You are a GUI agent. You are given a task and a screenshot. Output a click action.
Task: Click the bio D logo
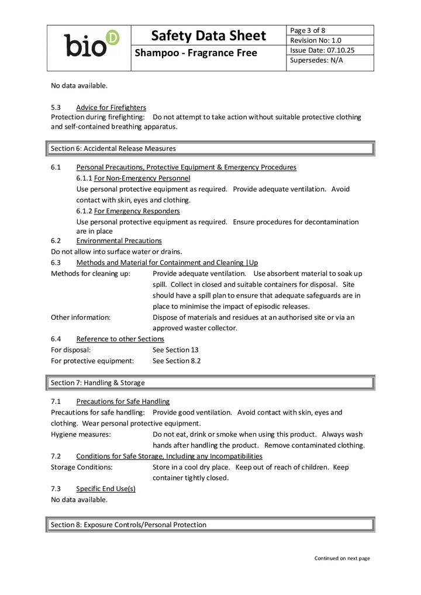[x=91, y=44]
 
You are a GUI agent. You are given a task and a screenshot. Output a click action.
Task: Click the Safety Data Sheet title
[x=208, y=36]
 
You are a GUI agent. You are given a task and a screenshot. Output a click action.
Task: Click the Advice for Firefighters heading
[x=111, y=108]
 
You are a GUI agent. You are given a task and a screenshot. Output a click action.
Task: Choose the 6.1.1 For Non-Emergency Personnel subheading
[x=133, y=178]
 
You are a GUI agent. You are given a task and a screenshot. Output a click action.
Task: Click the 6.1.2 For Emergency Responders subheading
[x=128, y=210]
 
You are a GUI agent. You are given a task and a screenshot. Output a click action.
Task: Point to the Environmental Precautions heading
[x=119, y=241]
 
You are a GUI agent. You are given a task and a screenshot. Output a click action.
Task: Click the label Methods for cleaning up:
[x=91, y=274]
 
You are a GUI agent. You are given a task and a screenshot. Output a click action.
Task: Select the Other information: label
[x=81, y=317]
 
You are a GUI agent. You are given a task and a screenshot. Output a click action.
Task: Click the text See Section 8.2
[x=177, y=361]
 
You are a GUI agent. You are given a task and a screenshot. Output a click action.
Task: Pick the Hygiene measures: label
[x=81, y=434]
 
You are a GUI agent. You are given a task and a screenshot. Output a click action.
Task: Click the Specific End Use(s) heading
[x=106, y=489]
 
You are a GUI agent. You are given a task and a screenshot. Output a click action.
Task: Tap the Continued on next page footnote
[x=342, y=558]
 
